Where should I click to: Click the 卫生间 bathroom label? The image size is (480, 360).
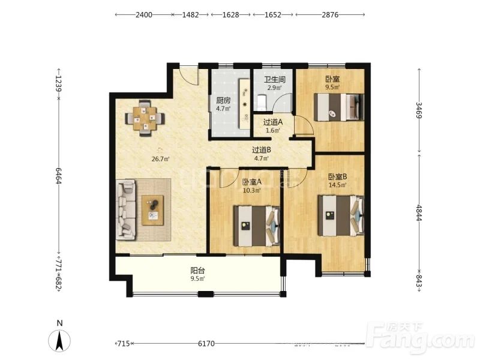275,80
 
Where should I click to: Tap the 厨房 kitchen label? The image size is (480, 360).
223,100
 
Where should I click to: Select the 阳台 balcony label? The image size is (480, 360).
197,271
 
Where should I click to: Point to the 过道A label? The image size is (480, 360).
273,122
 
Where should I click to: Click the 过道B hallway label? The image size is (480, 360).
261,150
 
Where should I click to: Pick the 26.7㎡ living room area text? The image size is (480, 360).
160,159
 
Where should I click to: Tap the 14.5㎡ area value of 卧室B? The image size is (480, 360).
337,185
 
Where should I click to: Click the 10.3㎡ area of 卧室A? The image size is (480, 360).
251,190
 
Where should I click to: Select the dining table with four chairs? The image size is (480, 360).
145,118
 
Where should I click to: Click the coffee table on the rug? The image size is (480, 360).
152,211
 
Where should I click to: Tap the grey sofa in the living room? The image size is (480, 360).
126,209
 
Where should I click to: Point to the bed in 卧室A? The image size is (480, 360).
257,226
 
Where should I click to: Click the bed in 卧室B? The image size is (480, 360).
341,215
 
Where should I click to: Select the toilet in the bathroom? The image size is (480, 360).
262,102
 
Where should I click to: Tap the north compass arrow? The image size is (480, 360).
59,340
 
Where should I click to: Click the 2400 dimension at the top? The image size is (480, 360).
144,14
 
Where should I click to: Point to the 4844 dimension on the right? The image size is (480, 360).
419,212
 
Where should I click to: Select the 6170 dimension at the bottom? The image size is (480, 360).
206,343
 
